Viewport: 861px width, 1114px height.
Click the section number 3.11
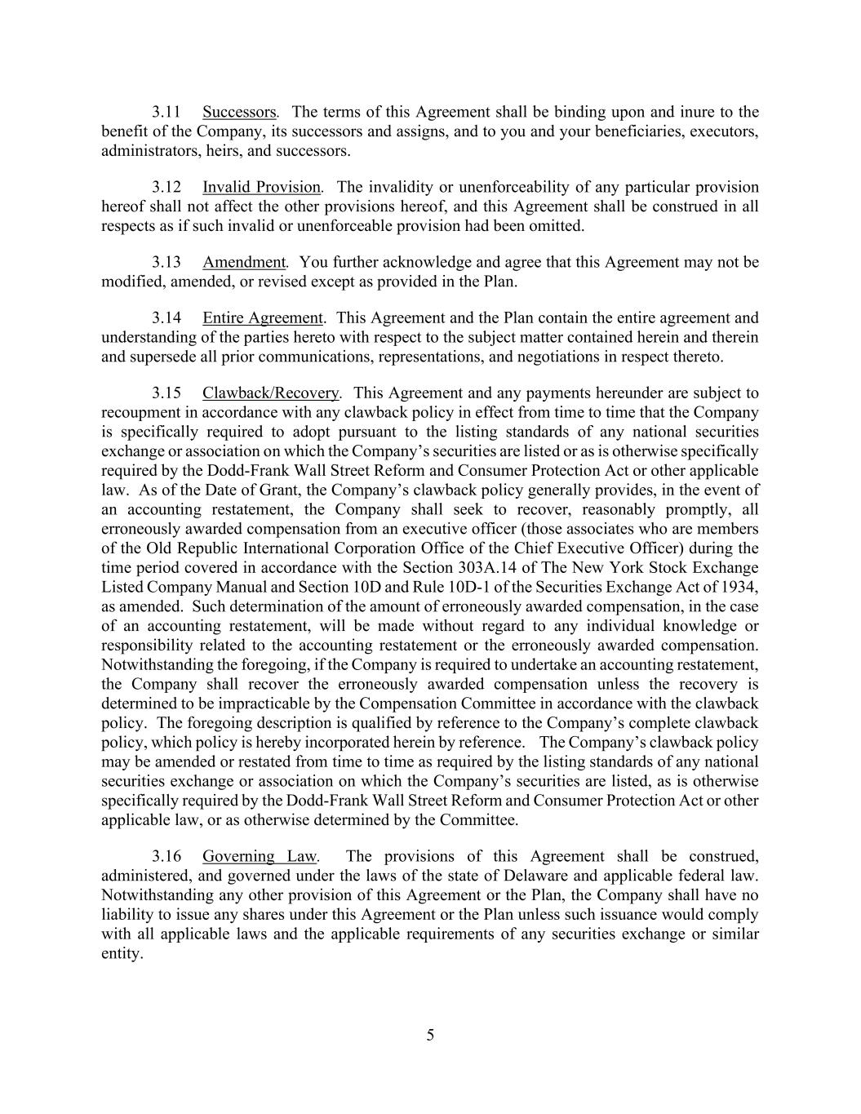pyautogui.click(x=166, y=112)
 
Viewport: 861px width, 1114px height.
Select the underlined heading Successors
pyautogui.click(x=239, y=112)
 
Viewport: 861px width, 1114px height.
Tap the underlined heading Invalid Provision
pyautogui.click(x=261, y=187)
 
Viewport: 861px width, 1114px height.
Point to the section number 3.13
pyautogui.click(x=166, y=262)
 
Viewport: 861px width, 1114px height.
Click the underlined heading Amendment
pyautogui.click(x=243, y=262)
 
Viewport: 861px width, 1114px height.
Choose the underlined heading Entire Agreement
pyautogui.click(x=263, y=317)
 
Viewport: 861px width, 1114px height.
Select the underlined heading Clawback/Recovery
pyautogui.click(x=271, y=393)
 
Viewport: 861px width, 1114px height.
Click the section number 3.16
pyautogui.click(x=166, y=856)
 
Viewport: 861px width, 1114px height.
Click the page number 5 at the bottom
pyautogui.click(x=430, y=1036)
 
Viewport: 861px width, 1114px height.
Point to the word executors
pyautogui.click(x=724, y=131)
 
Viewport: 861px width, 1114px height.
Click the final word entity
pyautogui.click(x=121, y=954)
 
